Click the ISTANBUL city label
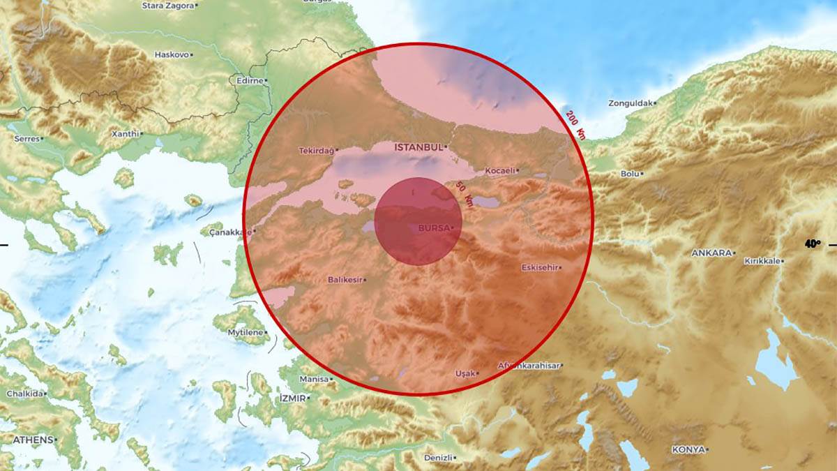pyautogui.click(x=418, y=147)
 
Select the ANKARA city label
pyautogui.click(x=711, y=253)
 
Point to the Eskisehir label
pyautogui.click(x=541, y=267)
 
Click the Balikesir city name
pyautogui.click(x=345, y=280)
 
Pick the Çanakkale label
pyautogui.click(x=231, y=232)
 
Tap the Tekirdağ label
pyautogui.click(x=317, y=150)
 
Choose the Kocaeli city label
pyautogui.click(x=499, y=170)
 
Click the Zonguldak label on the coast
pyautogui.click(x=631, y=103)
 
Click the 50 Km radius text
pyautogui.click(x=465, y=195)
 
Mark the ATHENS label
pyautogui.click(x=32, y=440)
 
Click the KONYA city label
pyautogui.click(x=688, y=449)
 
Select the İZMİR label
pyautogui.click(x=292, y=398)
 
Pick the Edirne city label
pyautogui.click(x=249, y=80)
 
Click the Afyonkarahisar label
pyautogui.click(x=529, y=365)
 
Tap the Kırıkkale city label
pyautogui.click(x=763, y=261)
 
